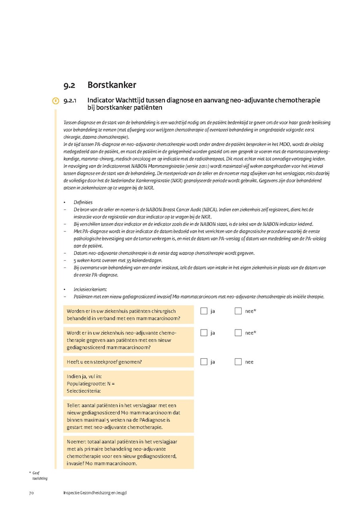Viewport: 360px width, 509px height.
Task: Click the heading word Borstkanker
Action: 112,85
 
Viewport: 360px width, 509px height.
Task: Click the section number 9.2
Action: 69,86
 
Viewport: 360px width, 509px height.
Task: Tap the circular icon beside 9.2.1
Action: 56,100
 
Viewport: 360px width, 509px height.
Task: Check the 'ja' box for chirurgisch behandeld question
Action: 204,311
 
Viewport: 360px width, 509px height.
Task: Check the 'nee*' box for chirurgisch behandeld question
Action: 238,311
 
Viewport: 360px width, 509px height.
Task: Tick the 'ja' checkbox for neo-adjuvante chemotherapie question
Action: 204,333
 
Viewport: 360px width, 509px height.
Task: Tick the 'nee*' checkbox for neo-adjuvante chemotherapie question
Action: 238,333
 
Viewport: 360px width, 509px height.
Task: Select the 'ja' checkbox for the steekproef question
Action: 204,362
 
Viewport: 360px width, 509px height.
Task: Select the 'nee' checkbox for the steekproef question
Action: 238,362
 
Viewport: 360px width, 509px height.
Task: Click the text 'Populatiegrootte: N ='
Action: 91,384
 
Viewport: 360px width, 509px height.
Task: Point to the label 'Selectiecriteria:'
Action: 84,391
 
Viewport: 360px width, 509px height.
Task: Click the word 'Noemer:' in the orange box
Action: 76,442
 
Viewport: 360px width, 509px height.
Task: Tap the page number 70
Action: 31,493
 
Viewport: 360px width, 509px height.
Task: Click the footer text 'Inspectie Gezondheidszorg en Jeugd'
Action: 95,493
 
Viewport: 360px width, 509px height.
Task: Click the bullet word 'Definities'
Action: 83,202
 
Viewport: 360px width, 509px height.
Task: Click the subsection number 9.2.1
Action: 70,100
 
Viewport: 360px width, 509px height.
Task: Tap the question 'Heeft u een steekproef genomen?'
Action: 104,362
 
